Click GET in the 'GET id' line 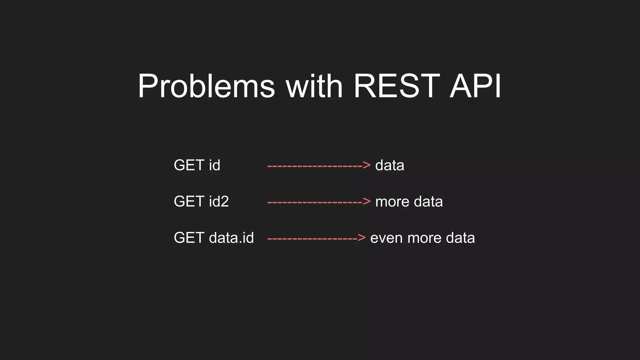tap(189, 165)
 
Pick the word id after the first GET tap(214, 165)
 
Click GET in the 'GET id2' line tap(189, 201)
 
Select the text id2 tap(219, 201)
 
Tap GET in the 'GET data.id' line tap(189, 238)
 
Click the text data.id tap(231, 238)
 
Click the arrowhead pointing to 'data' tap(367, 165)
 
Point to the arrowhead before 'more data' tap(367, 202)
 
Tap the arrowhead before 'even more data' tap(362, 238)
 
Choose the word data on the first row tap(390, 165)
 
